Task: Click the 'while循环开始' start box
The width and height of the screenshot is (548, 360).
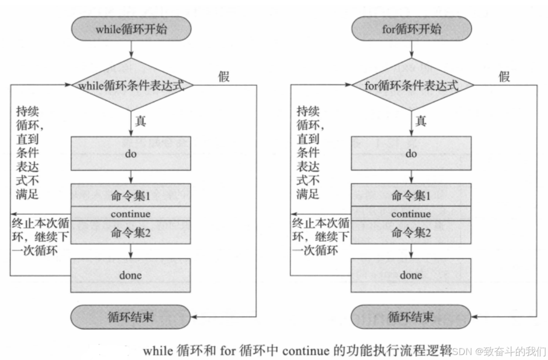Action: click(x=131, y=29)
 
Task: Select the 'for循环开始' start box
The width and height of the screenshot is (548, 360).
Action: click(x=411, y=29)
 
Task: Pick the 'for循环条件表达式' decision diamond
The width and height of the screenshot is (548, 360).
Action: click(x=411, y=85)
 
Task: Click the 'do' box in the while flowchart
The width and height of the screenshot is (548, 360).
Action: click(x=131, y=154)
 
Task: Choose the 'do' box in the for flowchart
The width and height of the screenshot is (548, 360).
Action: click(x=411, y=154)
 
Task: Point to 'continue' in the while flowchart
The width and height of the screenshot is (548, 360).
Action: click(x=131, y=214)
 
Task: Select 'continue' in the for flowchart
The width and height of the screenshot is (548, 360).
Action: click(x=411, y=214)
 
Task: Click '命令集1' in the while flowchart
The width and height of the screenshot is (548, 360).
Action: click(x=131, y=196)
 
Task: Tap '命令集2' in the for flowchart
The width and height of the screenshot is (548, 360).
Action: click(x=411, y=232)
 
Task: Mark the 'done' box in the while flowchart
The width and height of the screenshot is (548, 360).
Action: click(x=131, y=275)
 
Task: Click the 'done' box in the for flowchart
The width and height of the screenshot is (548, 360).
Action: click(x=411, y=275)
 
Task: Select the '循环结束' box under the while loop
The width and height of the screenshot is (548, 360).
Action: click(x=131, y=316)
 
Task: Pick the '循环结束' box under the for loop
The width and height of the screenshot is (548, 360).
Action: click(x=411, y=316)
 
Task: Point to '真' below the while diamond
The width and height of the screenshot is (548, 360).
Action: click(x=141, y=120)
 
